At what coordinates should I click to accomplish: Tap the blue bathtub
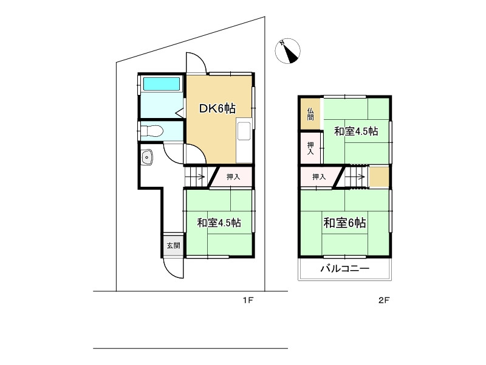pyautogui.click(x=162, y=84)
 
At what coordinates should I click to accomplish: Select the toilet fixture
pyautogui.click(x=151, y=130)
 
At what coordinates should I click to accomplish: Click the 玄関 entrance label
pyautogui.click(x=173, y=246)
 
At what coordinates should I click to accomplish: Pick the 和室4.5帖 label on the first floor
pyautogui.click(x=219, y=223)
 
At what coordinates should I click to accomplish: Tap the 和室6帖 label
pyautogui.click(x=344, y=223)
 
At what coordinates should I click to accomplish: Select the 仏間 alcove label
pyautogui.click(x=310, y=114)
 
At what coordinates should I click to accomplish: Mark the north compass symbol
pyautogui.click(x=288, y=52)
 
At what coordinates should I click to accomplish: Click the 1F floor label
pyautogui.click(x=247, y=300)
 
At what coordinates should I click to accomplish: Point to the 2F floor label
pyautogui.click(x=383, y=300)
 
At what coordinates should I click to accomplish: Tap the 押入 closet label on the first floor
pyautogui.click(x=233, y=177)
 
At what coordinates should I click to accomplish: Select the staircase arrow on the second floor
pyautogui.click(x=357, y=178)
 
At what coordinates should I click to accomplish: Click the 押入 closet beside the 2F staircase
pyautogui.click(x=319, y=177)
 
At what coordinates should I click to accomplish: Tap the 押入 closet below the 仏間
pyautogui.click(x=310, y=148)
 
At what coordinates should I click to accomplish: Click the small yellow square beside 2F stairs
pyautogui.click(x=379, y=177)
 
